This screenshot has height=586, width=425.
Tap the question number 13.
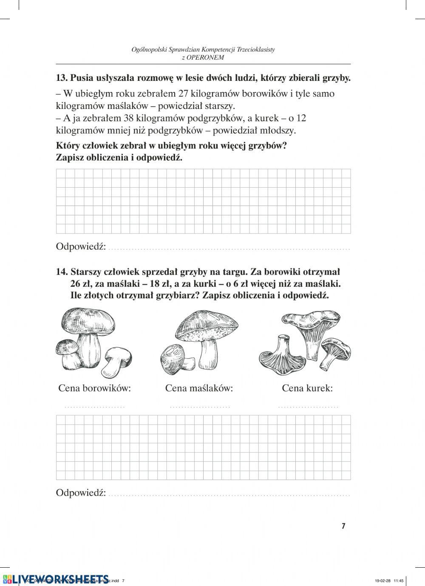tap(62, 78)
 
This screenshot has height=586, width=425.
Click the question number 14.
tap(62, 272)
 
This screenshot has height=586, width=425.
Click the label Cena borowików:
tap(94, 388)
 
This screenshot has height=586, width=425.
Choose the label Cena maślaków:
tap(199, 388)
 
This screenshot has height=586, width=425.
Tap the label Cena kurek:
tap(307, 388)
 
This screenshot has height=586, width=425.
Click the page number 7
tap(343, 526)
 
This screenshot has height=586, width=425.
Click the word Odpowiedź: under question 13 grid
tap(81, 247)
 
